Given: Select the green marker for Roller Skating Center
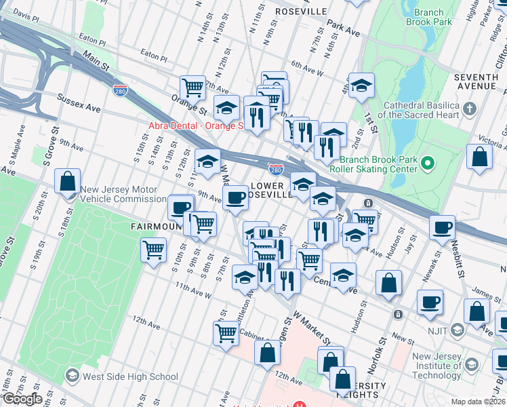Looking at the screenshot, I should coord(427,163).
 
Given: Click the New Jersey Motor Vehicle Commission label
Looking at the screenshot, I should coord(123,195).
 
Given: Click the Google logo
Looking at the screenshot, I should coord(22,399).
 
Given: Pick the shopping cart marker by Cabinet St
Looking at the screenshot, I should coord(226,332).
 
